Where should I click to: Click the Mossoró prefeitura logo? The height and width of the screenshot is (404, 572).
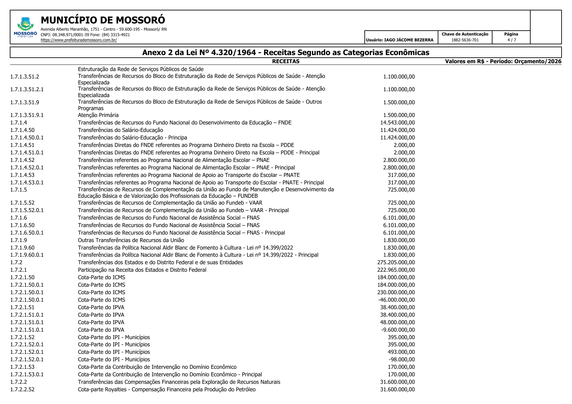click(x=25, y=27)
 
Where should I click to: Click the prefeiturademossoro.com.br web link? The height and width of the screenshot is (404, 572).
click(x=79, y=40)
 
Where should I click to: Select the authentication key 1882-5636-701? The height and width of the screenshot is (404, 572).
click(x=465, y=40)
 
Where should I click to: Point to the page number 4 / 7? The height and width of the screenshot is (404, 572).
click(x=511, y=40)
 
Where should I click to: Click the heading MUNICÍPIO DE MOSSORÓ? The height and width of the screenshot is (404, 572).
click(x=103, y=20)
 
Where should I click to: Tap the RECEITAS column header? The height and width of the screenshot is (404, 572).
click(x=286, y=61)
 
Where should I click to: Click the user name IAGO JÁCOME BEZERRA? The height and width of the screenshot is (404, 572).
click(x=409, y=40)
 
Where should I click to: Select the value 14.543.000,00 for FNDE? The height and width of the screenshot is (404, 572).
click(x=397, y=123)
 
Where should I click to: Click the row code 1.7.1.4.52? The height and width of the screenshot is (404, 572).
click(x=22, y=160)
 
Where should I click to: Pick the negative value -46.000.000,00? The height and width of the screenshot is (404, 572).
click(x=396, y=300)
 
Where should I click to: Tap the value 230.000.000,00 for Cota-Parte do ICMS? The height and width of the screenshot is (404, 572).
click(x=396, y=293)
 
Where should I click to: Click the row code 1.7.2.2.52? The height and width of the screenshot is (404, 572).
click(x=22, y=390)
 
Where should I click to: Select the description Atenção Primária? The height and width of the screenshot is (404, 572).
click(x=98, y=115)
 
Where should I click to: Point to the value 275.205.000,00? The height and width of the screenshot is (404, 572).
click(x=396, y=263)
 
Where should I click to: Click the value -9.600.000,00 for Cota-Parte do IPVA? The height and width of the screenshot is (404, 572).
click(x=398, y=330)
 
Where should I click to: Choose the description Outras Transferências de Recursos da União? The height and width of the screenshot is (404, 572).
click(x=131, y=240)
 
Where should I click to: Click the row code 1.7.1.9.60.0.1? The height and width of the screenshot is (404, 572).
click(x=27, y=255)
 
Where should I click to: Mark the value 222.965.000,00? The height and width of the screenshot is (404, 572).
click(x=396, y=270)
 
